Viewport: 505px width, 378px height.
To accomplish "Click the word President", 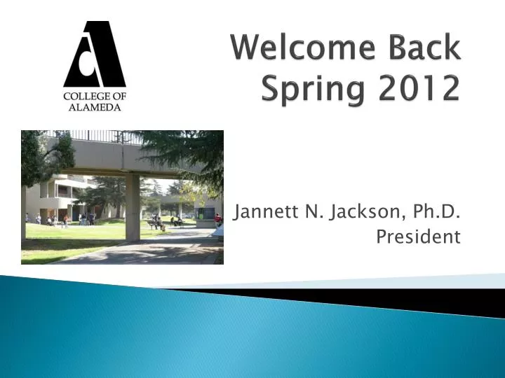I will (418, 237).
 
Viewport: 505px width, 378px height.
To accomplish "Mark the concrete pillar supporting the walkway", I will (133, 207).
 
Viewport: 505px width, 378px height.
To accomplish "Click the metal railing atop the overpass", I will (98, 136).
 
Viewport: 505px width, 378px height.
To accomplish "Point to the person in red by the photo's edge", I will (217, 220).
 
